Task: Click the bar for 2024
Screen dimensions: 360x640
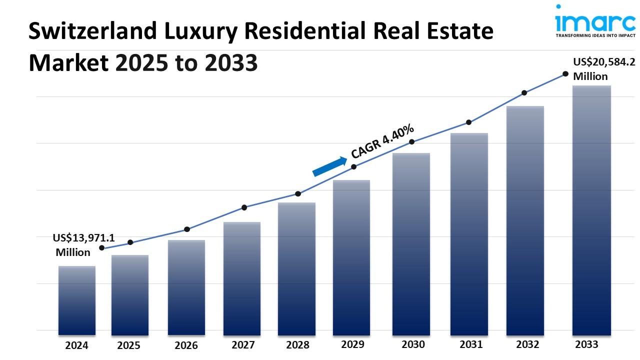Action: pyautogui.click(x=76, y=300)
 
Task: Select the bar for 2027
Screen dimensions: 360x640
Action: pyautogui.click(x=242, y=278)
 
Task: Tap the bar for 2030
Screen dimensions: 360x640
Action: pyautogui.click(x=411, y=243)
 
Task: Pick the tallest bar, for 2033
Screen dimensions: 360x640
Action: pyautogui.click(x=591, y=210)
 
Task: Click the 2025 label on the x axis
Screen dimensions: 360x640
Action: pyautogui.click(x=129, y=345)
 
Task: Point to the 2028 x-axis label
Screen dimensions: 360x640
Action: pyautogui.click(x=297, y=345)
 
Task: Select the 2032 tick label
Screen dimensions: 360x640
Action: pyautogui.click(x=527, y=344)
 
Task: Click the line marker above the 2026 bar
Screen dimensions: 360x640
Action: pyautogui.click(x=187, y=229)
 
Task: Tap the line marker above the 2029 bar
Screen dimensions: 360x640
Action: pyautogui.click(x=353, y=167)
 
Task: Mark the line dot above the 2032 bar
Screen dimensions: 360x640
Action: pyautogui.click(x=524, y=93)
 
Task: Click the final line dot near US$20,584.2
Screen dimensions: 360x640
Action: pyautogui.click(x=565, y=74)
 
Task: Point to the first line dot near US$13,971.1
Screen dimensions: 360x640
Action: pyautogui.click(x=102, y=248)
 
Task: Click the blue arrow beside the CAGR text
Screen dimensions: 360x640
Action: pyautogui.click(x=329, y=166)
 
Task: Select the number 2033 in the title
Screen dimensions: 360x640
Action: pyautogui.click(x=236, y=62)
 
